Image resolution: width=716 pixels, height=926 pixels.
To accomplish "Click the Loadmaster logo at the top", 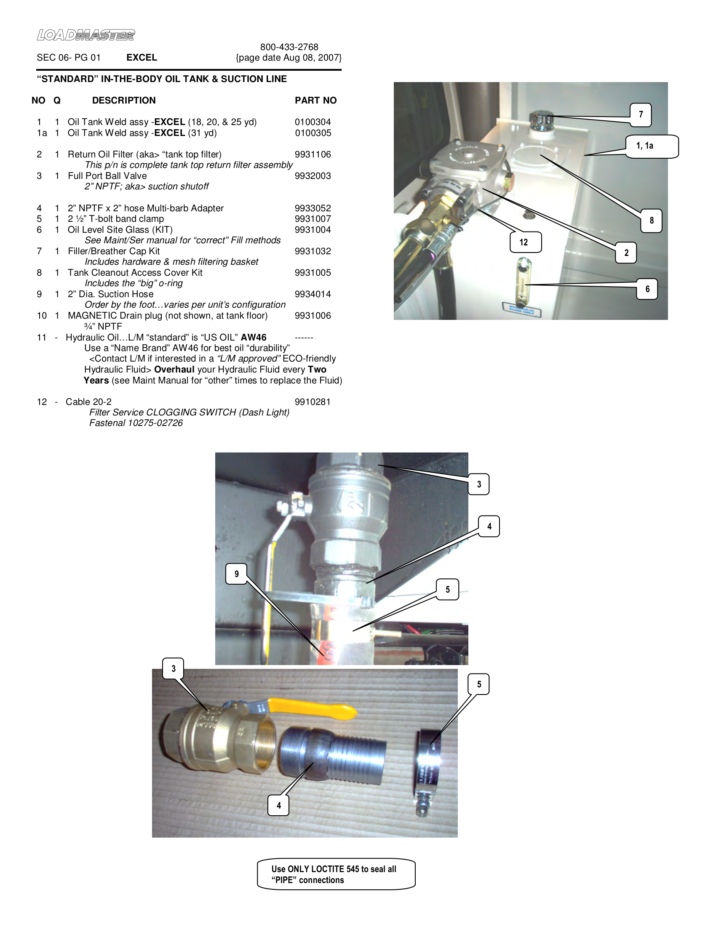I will [x=85, y=35].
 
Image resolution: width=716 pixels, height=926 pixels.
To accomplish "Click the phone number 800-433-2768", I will [x=289, y=47].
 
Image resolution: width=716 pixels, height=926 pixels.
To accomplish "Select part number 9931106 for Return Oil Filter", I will [x=313, y=154].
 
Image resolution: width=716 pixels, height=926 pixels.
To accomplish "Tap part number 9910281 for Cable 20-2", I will [x=313, y=402].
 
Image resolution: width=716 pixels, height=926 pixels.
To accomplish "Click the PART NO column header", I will [x=315, y=101].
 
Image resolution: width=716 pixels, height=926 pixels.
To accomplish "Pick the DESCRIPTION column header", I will [x=124, y=101].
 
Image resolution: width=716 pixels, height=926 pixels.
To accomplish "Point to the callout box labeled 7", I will [x=641, y=114].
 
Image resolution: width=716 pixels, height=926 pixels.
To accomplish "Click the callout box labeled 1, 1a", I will [x=652, y=146].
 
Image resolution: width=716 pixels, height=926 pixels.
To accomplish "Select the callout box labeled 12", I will [x=525, y=242].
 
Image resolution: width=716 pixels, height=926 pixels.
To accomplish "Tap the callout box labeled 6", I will [x=647, y=289].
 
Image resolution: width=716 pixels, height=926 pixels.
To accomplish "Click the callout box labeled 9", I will [x=236, y=574].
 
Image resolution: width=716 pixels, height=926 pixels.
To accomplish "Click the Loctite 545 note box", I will [x=336, y=874].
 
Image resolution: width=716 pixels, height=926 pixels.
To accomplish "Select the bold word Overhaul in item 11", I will [x=174, y=369].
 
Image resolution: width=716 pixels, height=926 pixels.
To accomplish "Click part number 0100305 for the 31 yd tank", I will [x=313, y=133].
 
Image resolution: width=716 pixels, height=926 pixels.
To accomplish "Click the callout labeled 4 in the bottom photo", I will [x=278, y=805].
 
